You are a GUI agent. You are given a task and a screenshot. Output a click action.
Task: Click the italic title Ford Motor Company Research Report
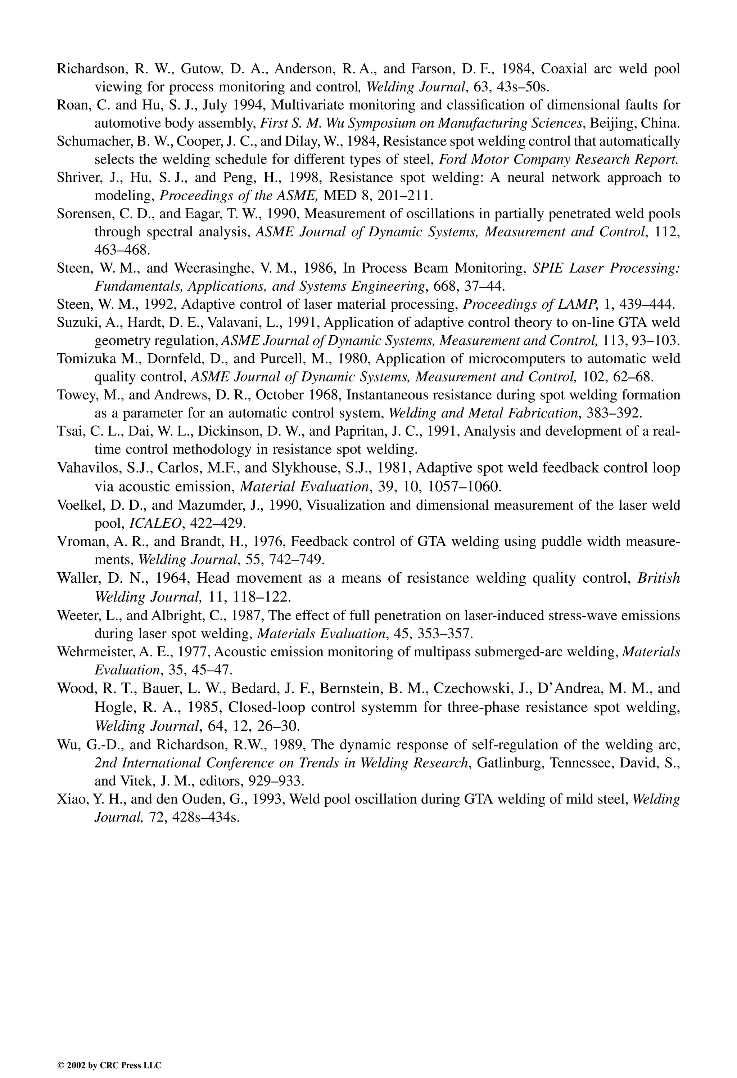559,160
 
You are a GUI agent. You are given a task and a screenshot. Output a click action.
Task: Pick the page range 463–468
122,250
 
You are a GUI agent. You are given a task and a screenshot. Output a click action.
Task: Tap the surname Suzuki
74,323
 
